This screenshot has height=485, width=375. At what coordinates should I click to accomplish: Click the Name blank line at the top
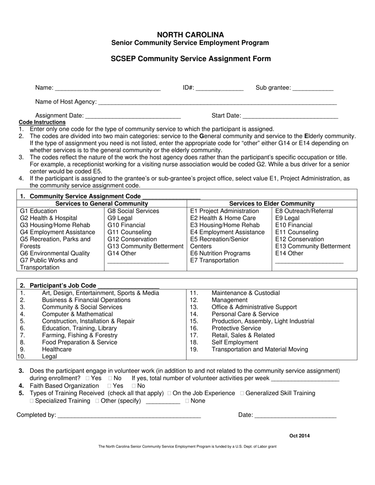point(108,88)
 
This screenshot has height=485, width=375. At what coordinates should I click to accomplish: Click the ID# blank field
point(219,88)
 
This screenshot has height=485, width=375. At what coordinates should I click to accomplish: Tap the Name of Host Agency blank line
point(217,102)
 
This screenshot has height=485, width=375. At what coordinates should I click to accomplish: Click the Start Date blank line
point(290,116)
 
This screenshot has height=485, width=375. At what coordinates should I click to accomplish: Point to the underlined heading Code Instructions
point(42,122)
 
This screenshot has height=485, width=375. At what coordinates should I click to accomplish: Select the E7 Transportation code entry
point(214,260)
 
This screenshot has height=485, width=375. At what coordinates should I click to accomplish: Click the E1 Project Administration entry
point(224,211)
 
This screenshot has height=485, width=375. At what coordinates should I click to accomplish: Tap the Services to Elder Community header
point(272,203)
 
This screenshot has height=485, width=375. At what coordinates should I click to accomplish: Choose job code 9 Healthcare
point(57,349)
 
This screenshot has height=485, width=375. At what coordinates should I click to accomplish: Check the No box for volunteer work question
point(110,379)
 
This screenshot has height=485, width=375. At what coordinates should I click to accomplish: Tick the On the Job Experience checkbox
point(169,393)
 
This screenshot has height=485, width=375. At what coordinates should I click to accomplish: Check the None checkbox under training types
point(187,401)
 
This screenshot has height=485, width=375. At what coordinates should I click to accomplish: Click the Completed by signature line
point(129,415)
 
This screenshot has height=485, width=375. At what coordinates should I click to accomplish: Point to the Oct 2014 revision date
point(299,436)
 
